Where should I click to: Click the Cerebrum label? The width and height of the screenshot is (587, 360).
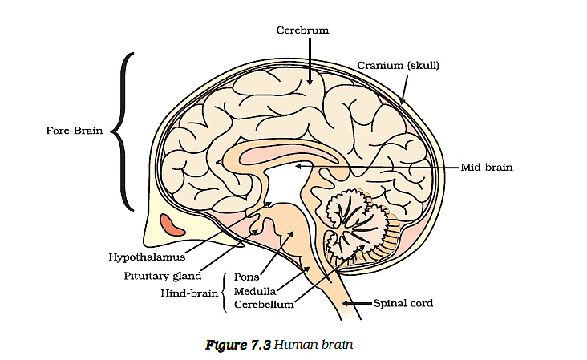point(302,30)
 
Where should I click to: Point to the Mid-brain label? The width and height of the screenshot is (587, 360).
point(486,168)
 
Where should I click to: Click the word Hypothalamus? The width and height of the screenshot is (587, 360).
point(147,257)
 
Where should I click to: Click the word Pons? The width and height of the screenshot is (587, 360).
point(246,277)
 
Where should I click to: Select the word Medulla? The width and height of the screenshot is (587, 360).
point(256,291)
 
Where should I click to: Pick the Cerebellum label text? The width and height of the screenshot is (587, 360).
point(264,305)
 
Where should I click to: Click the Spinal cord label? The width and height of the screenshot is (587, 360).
point(403,304)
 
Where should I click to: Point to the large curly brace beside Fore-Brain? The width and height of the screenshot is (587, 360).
point(125,131)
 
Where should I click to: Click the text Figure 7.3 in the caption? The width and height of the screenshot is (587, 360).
point(237,345)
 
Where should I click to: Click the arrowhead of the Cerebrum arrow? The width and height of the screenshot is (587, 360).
point(309,82)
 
